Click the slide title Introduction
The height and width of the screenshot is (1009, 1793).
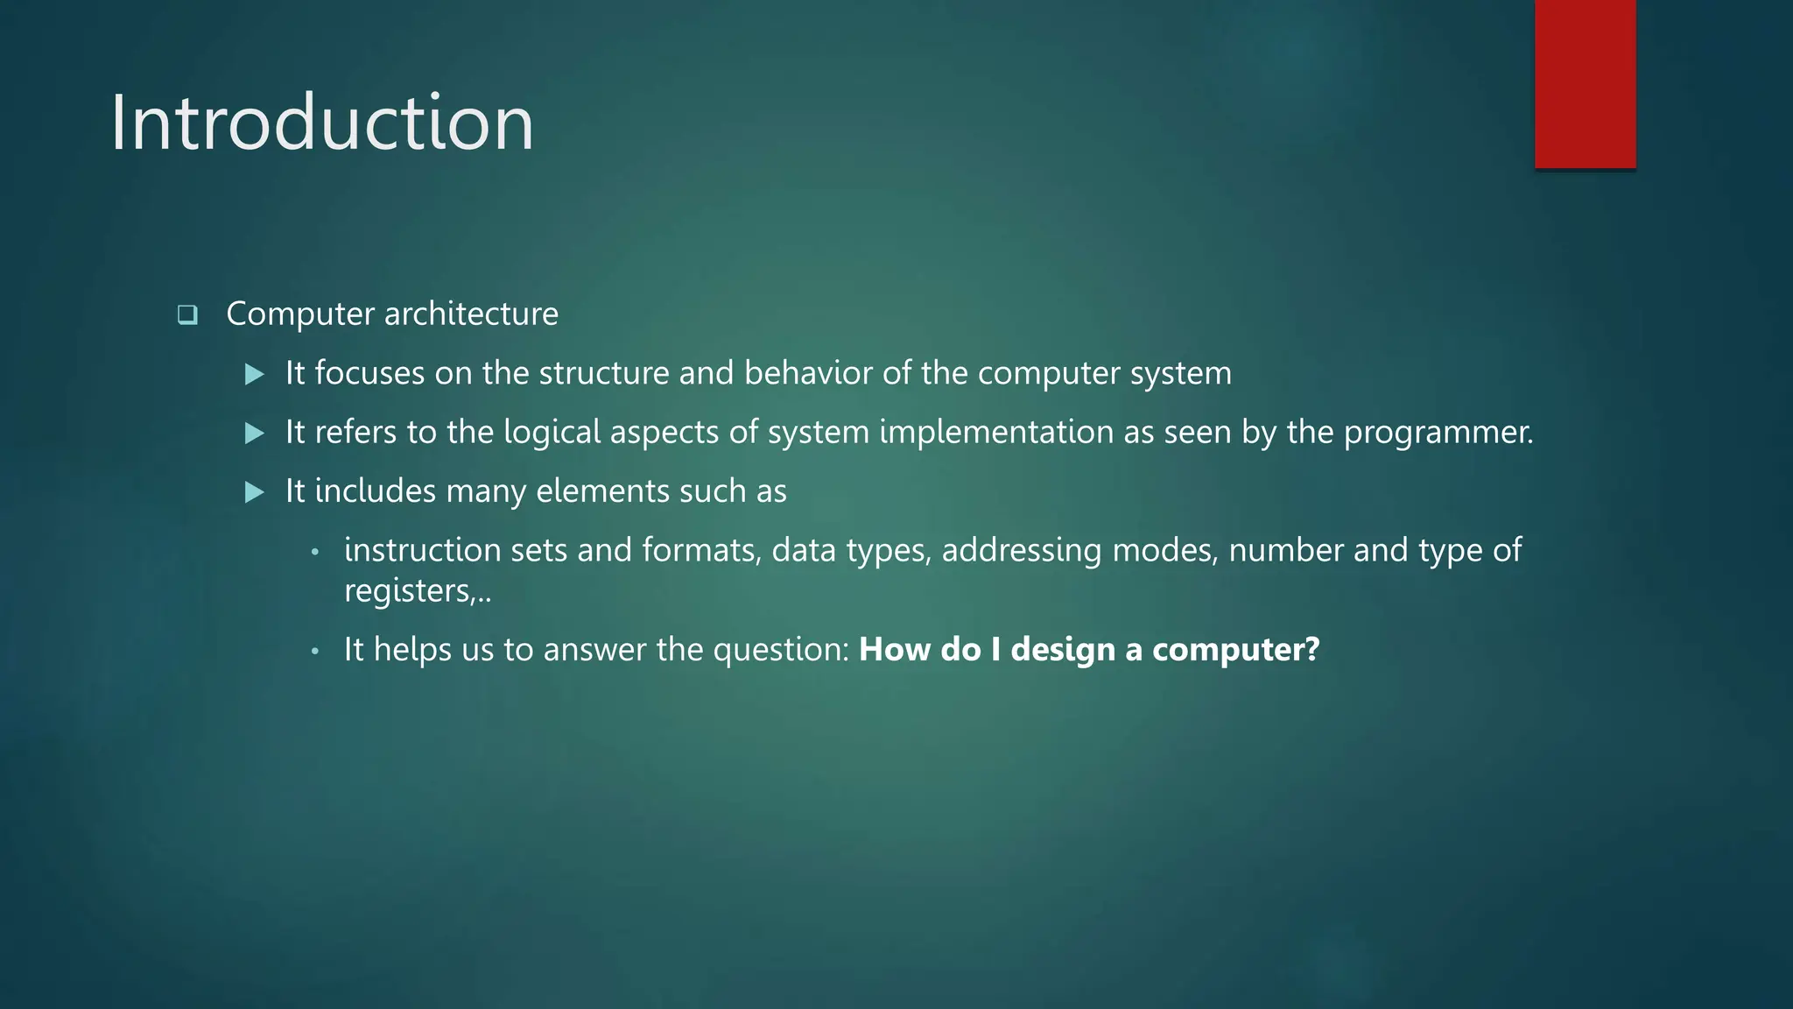[x=321, y=123]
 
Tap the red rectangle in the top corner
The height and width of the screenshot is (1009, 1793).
[x=1585, y=84]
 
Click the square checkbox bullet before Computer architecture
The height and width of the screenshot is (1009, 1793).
[x=187, y=314]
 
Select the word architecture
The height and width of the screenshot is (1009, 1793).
[x=471, y=314]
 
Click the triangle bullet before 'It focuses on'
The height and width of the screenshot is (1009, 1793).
[x=255, y=375]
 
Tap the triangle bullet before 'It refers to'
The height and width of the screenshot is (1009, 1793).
[x=255, y=434]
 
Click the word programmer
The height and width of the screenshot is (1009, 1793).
[x=1437, y=433]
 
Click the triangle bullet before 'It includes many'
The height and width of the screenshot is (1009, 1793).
[x=255, y=492]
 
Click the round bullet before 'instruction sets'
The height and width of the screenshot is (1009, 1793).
[x=315, y=552]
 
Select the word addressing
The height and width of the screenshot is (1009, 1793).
[x=1021, y=550]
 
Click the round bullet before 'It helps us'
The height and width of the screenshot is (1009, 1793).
[x=315, y=652]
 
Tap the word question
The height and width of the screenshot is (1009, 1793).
[x=780, y=650]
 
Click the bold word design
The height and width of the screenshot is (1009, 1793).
[x=1063, y=650]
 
